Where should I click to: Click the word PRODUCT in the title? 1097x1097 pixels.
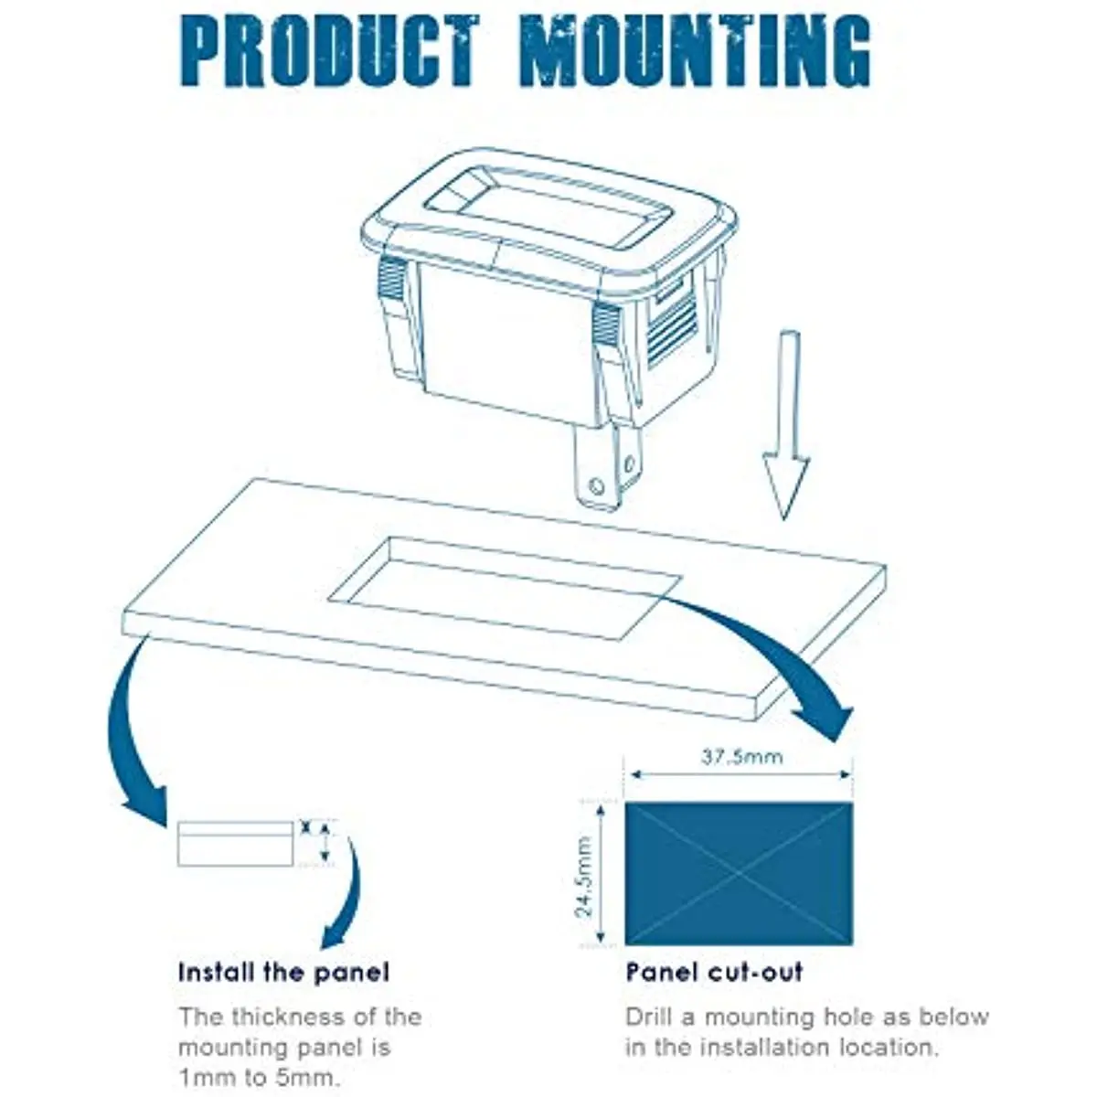(x=329, y=51)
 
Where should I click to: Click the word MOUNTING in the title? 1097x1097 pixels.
(x=696, y=51)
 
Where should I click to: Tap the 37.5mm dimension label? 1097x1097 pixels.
(x=741, y=757)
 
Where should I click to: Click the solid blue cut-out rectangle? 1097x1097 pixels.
(x=739, y=874)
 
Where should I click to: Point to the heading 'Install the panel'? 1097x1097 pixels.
(x=283, y=972)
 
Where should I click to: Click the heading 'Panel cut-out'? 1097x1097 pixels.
(x=715, y=972)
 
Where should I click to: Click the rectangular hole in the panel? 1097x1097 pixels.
(x=506, y=588)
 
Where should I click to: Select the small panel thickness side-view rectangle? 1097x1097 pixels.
(x=236, y=844)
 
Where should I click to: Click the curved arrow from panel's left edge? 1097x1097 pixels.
(x=128, y=734)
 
